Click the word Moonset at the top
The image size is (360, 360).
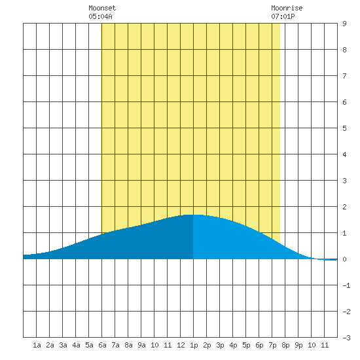(102, 8)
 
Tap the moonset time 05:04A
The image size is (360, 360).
(100, 16)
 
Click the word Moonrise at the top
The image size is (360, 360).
(287, 8)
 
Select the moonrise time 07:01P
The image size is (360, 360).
(283, 16)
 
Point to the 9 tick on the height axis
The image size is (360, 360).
(344, 24)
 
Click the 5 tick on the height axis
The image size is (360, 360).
(344, 128)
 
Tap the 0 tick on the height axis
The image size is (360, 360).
(344, 259)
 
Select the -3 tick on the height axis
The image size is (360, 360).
(346, 338)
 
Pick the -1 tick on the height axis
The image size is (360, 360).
(346, 285)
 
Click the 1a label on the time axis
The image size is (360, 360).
(37, 345)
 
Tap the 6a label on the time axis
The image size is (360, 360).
(102, 345)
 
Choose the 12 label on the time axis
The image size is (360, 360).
(181, 345)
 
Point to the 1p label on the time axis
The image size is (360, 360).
(194, 345)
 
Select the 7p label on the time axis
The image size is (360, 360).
(272, 345)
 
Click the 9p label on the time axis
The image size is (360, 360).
(298, 345)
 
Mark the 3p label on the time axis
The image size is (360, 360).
(220, 345)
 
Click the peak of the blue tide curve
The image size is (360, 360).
(193, 215)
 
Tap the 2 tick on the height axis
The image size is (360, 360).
(344, 207)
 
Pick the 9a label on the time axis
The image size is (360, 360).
(141, 345)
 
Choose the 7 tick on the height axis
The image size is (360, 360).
(344, 76)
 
